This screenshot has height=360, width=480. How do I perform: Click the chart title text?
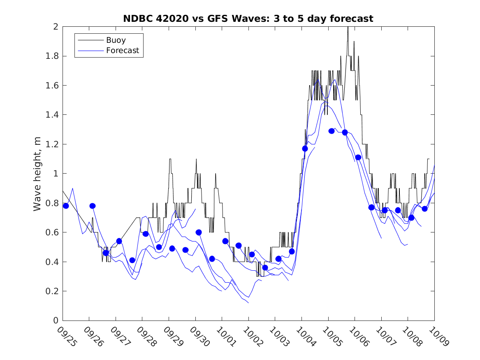(248, 19)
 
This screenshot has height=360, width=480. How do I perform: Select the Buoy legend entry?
(116, 40)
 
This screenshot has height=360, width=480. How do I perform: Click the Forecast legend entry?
(123, 51)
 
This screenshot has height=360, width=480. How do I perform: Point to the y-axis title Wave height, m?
(37, 173)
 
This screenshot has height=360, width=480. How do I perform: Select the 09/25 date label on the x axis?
(67, 337)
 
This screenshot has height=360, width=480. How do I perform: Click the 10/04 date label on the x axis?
(306, 337)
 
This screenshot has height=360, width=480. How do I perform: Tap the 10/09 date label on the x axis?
(438, 337)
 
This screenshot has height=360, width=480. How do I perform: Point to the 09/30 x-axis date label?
(199, 337)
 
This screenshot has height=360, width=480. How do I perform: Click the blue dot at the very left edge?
(66, 206)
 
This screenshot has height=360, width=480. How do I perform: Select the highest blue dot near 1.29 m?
(332, 131)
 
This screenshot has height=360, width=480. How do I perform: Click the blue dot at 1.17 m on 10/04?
(305, 149)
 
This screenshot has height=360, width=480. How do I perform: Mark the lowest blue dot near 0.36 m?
(265, 267)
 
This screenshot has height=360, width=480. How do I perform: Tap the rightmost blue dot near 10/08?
(424, 209)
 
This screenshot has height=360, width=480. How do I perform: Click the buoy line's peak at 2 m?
(348, 27)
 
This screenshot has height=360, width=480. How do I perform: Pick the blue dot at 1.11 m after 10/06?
(358, 157)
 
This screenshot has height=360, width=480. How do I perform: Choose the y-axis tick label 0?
(56, 321)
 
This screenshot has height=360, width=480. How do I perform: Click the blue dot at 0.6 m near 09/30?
(199, 232)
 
